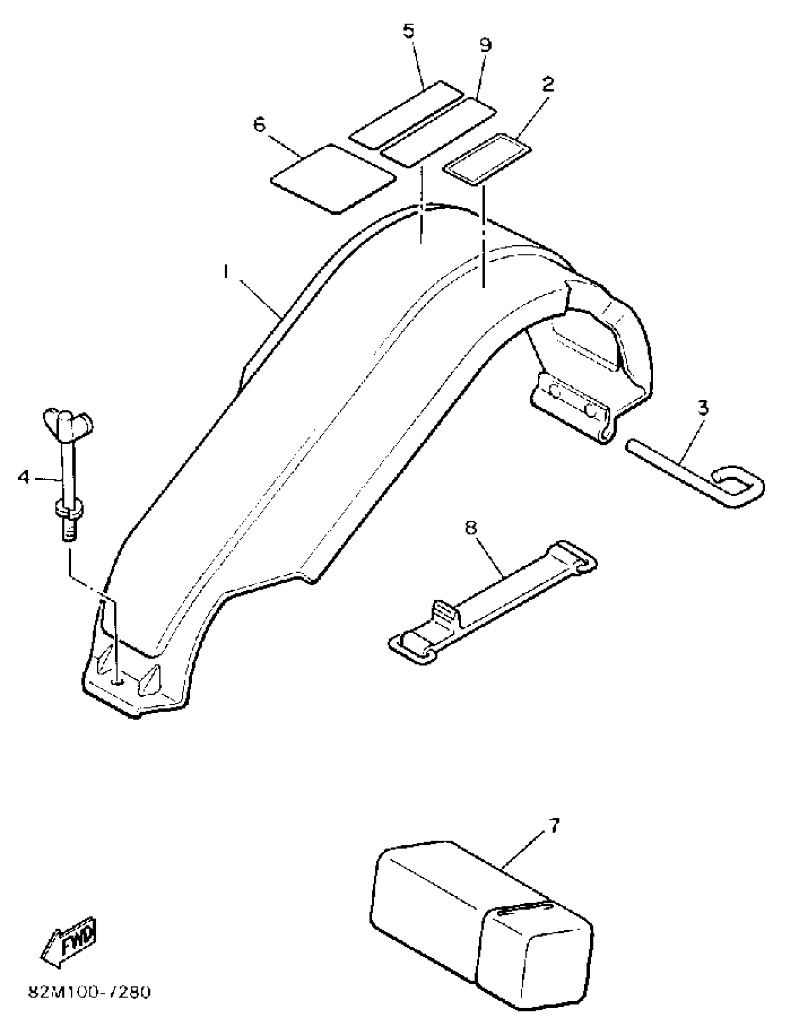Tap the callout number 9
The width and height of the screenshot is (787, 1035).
click(x=485, y=45)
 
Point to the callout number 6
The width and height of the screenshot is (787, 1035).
click(x=259, y=125)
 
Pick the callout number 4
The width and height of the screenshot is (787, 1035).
click(x=24, y=477)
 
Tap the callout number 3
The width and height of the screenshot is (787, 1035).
click(x=703, y=408)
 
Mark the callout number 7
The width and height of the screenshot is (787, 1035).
click(x=553, y=827)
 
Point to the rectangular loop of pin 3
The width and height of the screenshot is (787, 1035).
click(x=737, y=485)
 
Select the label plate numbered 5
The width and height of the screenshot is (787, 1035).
click(x=406, y=115)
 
